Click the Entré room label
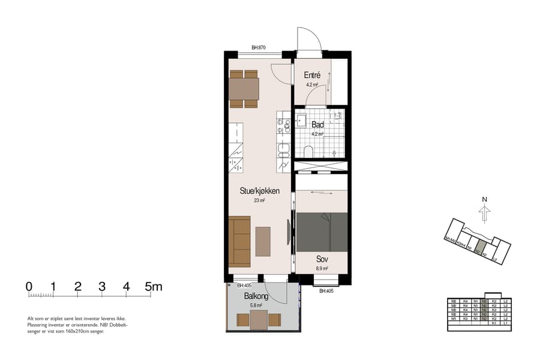312,76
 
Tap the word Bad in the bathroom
317,125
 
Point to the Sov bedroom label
322,259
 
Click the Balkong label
256,296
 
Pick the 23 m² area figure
259,201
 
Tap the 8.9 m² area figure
323,269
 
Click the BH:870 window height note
259,47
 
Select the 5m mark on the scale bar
154,287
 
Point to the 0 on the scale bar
29,287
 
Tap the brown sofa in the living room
239,241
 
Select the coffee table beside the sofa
263,241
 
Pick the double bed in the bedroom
322,232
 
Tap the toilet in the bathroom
308,151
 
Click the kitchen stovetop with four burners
283,125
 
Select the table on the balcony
259,320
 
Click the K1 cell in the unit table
494,323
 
